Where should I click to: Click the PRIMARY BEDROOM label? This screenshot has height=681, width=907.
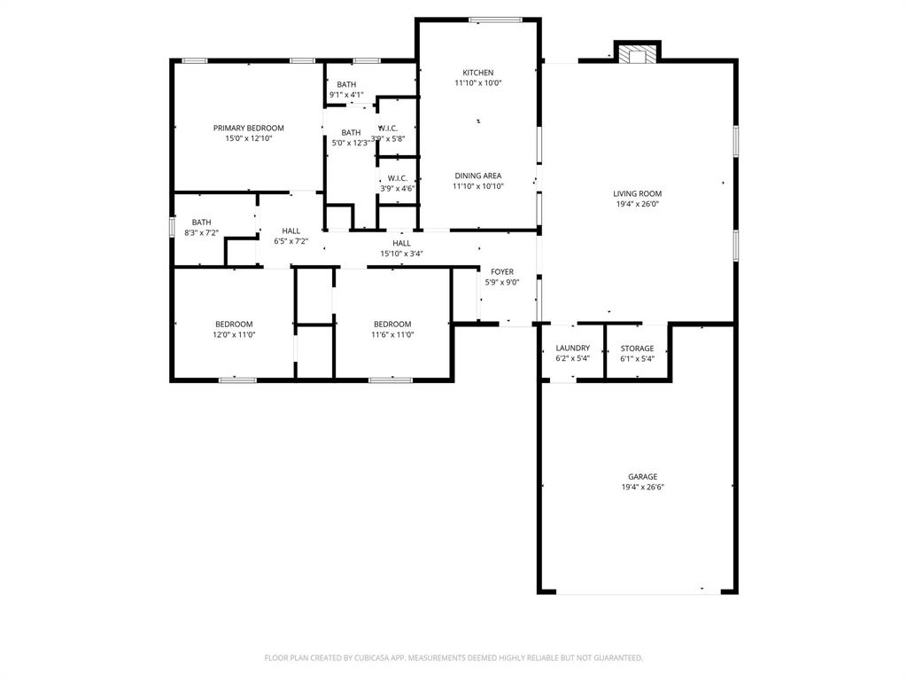[248, 128]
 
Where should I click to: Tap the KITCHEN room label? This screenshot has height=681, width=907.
[478, 73]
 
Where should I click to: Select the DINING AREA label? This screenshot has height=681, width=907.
[478, 176]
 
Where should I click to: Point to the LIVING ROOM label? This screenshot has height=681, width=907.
[637, 193]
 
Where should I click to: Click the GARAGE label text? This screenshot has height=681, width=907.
[643, 476]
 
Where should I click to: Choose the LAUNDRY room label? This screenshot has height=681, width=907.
[572, 348]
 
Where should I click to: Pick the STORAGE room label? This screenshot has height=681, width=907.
[637, 348]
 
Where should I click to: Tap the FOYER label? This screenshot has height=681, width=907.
[500, 272]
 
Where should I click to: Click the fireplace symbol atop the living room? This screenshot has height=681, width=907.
[638, 55]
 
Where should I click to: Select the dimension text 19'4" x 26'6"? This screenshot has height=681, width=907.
[643, 488]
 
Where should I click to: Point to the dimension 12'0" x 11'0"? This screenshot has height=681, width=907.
[234, 335]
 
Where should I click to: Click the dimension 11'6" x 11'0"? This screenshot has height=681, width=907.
[392, 335]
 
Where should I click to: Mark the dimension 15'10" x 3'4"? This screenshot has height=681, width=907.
[401, 254]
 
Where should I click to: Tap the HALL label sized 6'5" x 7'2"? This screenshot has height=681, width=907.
[291, 231]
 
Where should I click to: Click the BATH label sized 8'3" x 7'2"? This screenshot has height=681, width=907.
[201, 223]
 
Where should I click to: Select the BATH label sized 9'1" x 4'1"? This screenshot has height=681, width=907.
[346, 84]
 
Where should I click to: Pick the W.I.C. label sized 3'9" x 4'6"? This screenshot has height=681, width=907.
[397, 178]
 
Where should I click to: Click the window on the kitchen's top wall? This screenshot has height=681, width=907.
[494, 20]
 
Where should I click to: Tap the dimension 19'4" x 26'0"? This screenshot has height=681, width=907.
[637, 204]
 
